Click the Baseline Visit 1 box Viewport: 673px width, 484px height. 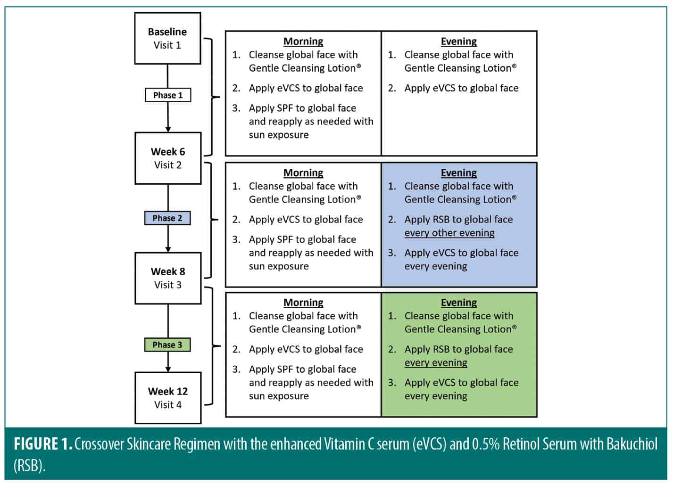point(167,38)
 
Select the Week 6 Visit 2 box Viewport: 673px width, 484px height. point(167,158)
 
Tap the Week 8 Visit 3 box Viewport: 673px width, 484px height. point(167,278)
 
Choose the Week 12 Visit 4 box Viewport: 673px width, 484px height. point(167,398)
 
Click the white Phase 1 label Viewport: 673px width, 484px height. point(167,95)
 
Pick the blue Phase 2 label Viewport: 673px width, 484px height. point(167,218)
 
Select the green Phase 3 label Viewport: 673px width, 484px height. point(167,345)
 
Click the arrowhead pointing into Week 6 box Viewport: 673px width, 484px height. point(168,129)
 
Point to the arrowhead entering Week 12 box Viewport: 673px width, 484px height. point(168,369)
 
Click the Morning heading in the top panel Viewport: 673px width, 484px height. point(303,41)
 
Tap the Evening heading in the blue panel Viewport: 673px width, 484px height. point(458,173)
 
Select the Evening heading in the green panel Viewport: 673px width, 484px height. point(458,303)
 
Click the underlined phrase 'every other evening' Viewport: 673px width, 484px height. point(449,233)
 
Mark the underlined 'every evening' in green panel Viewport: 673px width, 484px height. point(436,363)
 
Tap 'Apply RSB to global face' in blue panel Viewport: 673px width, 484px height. point(458,220)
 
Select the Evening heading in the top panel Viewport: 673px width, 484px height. point(458,41)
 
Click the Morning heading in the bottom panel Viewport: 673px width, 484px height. point(303,303)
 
